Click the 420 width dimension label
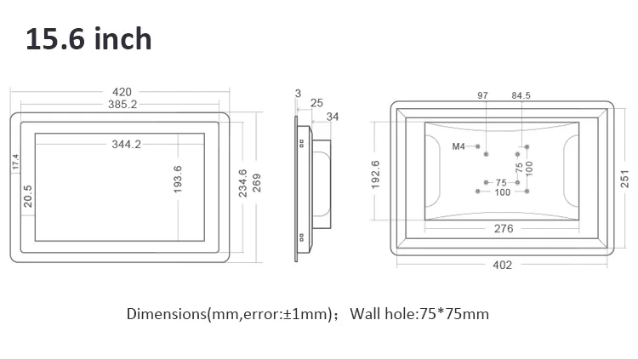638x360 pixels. pos(122,92)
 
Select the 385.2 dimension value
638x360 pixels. pos(122,105)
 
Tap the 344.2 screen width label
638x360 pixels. pos(127,144)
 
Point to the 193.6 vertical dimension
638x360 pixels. pos(178,180)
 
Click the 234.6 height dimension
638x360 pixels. pos(242,183)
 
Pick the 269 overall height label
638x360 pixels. pos(257,183)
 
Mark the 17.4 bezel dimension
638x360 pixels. pos(15,162)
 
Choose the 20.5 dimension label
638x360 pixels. pos(28,197)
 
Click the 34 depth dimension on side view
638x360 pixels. pos(333,117)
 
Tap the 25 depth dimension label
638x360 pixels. pos(316,103)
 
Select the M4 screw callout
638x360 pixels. pos(459,146)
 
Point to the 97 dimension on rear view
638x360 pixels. pos(482,95)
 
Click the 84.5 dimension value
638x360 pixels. pos(521,95)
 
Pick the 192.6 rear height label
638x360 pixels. pos(375,174)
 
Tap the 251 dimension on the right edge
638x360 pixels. pos(624,180)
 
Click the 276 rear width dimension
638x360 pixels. pos(504,229)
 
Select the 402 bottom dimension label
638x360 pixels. pos(503,266)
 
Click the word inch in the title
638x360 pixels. pos(122,39)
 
